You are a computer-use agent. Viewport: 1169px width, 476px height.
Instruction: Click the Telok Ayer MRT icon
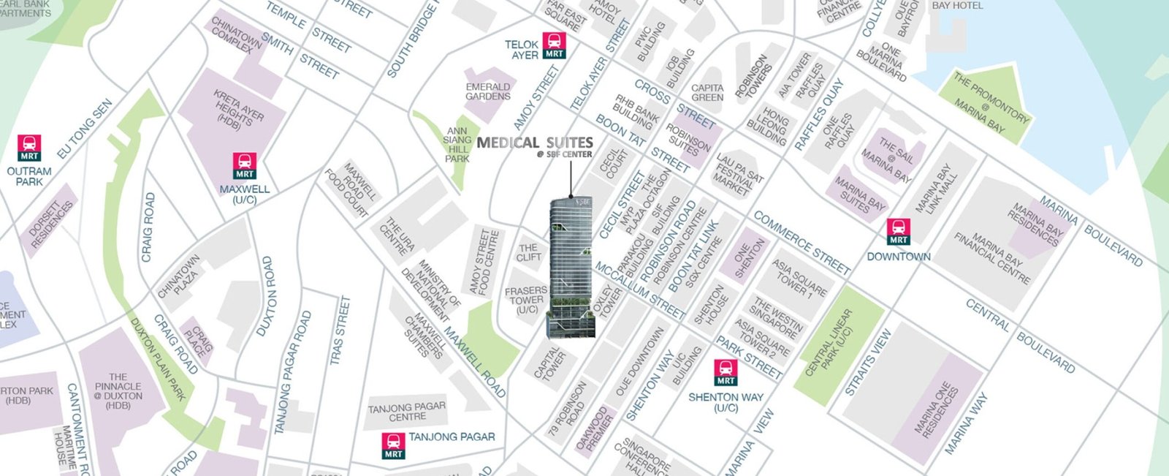554,45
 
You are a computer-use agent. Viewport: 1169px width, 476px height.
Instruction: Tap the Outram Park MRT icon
30,148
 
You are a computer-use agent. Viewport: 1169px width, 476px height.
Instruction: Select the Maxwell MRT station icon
245,166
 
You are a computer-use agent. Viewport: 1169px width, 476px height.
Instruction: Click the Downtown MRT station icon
898,232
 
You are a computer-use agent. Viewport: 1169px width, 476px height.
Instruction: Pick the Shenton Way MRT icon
726,372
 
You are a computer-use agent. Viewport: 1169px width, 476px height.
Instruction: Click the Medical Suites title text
534,143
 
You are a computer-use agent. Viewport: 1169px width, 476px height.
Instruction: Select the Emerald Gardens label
488,91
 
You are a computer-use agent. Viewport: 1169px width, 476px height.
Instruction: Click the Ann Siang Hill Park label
457,145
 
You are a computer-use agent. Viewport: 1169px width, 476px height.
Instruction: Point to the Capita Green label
707,93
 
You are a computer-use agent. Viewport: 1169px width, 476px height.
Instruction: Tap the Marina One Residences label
937,409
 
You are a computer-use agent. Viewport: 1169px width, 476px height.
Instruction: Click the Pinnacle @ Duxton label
118,391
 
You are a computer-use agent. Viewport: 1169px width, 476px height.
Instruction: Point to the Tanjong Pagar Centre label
407,412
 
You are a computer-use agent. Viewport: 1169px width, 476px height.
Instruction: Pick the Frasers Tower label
526,300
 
